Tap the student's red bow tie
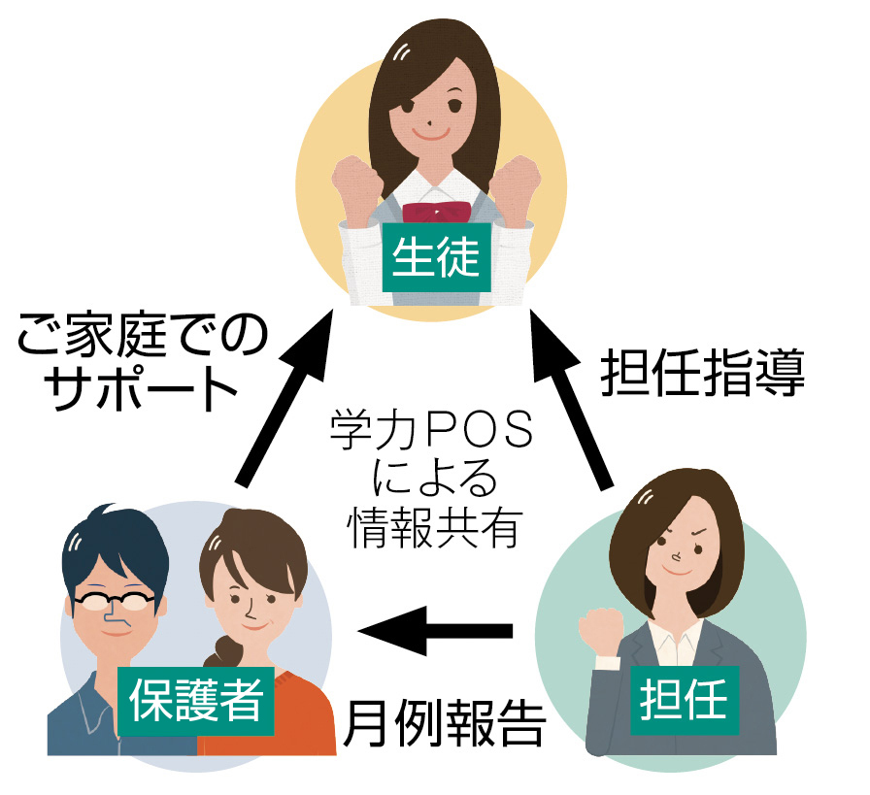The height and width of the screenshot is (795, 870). coord(436,212)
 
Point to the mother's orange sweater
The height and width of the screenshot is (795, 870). coord(291,718)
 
